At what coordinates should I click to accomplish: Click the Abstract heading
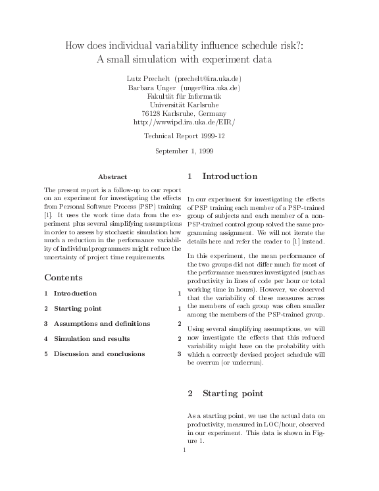[x=112, y=177]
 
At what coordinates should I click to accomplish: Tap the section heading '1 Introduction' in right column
[x=222, y=176]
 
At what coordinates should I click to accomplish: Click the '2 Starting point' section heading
[x=225, y=394]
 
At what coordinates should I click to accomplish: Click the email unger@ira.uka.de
[x=215, y=87]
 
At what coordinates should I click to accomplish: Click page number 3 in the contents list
[x=179, y=354]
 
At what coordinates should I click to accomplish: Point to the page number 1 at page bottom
[x=184, y=451]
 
